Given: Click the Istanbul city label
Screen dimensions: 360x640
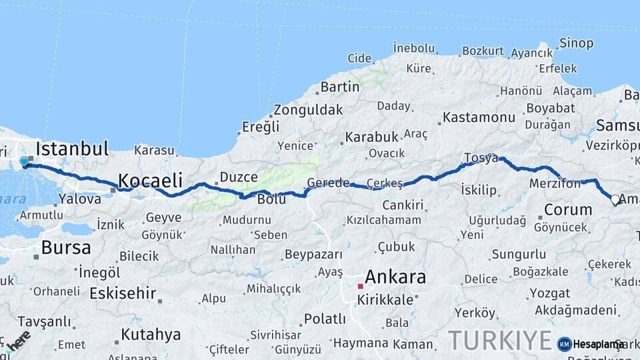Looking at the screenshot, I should pyautogui.click(x=72, y=149).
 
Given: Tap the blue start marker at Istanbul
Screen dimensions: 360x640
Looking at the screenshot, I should pyautogui.click(x=25, y=161).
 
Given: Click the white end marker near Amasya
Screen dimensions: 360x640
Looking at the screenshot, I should pyautogui.click(x=615, y=199).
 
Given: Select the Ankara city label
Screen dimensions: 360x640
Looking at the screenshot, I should pyautogui.click(x=395, y=277).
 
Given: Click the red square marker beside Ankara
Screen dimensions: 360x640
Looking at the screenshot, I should pyautogui.click(x=360, y=286).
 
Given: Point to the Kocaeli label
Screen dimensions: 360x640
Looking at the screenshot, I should pyautogui.click(x=150, y=180).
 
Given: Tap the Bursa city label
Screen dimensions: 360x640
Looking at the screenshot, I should pyautogui.click(x=65, y=248).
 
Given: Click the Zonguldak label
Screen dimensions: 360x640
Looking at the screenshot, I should pyautogui.click(x=308, y=110).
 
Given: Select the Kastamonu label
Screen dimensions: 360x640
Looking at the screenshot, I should pyautogui.click(x=479, y=118).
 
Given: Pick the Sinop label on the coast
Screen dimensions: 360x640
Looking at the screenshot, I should pyautogui.click(x=576, y=43).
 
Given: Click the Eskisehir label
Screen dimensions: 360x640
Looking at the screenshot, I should pyautogui.click(x=123, y=293).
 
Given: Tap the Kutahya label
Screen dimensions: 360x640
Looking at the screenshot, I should pyautogui.click(x=151, y=334).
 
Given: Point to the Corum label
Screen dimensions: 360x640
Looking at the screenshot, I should pyautogui.click(x=568, y=210).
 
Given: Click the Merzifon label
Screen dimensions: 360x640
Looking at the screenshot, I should pyautogui.click(x=555, y=183).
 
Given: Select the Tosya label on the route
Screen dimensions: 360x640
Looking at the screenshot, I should pyautogui.click(x=481, y=159).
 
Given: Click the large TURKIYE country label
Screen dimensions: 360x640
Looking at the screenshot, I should pyautogui.click(x=500, y=340).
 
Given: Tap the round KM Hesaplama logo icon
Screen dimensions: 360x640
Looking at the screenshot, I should pyautogui.click(x=565, y=344).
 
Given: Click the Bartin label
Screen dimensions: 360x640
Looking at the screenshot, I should pyautogui.click(x=340, y=87).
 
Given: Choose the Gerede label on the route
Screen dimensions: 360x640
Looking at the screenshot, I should pyautogui.click(x=328, y=183).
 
